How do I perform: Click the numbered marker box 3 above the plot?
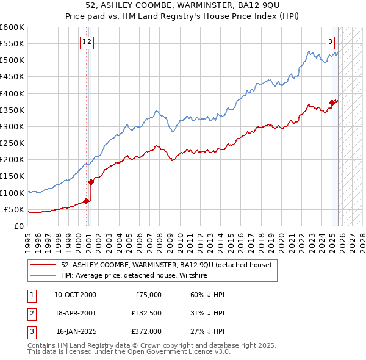(x=330, y=42)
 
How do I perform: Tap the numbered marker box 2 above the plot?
(x=90, y=42)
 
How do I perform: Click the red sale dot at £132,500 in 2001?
(x=91, y=181)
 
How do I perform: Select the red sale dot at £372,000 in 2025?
(x=332, y=103)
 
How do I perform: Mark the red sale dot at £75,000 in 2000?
(x=86, y=200)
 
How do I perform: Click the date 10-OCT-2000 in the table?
(x=74, y=295)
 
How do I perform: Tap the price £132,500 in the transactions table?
(x=146, y=313)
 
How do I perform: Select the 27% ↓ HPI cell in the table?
(x=207, y=331)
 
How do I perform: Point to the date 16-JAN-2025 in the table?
(x=74, y=331)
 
